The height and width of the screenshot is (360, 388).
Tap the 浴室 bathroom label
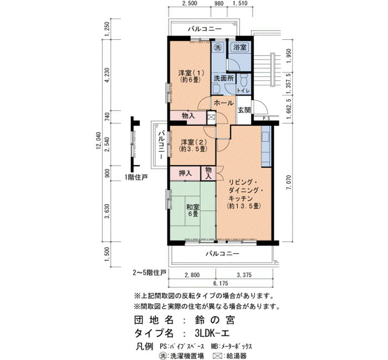click(240, 47)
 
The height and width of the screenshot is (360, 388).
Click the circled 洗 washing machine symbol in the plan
click(218, 47)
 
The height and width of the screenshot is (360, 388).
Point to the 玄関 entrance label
click(244, 110)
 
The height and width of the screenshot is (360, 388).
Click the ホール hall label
click(223, 103)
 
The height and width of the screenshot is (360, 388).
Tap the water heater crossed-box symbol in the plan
click(211, 117)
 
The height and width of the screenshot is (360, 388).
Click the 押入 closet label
click(185, 173)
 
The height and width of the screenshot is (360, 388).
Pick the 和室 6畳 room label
click(193, 210)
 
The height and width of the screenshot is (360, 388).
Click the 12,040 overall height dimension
click(99, 141)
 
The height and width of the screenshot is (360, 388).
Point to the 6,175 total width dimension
click(221, 284)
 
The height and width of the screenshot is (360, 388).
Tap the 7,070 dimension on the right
click(289, 183)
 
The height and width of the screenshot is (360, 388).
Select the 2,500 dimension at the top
click(190, 3)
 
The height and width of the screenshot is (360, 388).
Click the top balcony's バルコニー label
click(205, 29)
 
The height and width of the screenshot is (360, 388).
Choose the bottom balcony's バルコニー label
click(223, 254)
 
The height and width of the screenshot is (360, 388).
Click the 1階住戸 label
click(136, 177)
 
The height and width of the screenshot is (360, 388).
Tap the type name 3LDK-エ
click(212, 333)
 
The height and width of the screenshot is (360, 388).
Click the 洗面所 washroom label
click(223, 79)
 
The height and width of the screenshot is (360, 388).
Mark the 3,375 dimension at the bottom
click(244, 275)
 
